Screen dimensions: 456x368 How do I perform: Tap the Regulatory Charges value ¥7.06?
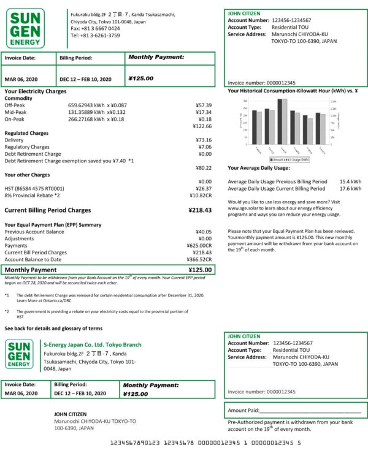coord(205,147)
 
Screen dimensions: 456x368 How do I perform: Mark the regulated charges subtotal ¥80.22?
coord(203,168)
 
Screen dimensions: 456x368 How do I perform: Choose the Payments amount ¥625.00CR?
coord(199,245)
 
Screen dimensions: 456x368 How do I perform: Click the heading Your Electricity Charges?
coord(35,91)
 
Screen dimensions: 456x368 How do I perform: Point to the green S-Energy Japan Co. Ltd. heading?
coord(93,344)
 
